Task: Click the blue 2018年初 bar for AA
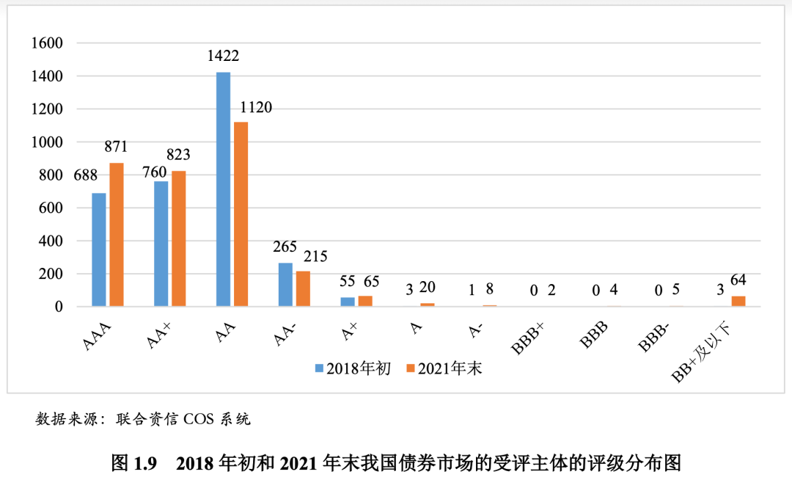(x=223, y=189)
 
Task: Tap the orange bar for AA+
(x=179, y=238)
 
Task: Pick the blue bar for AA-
(x=285, y=285)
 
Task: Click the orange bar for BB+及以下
(x=738, y=302)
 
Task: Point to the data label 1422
(x=223, y=56)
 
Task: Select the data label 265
(x=285, y=247)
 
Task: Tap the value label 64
(x=738, y=280)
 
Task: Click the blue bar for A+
(x=348, y=302)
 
